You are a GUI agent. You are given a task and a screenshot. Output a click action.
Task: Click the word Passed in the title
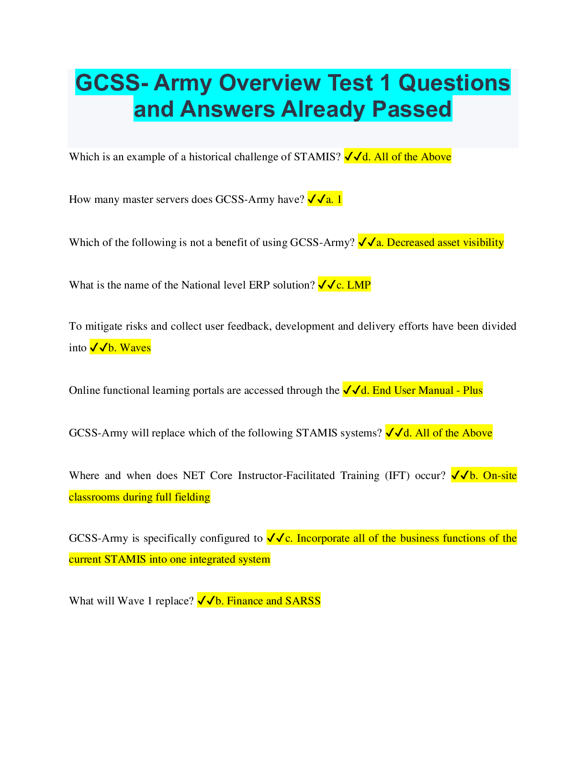coord(411,109)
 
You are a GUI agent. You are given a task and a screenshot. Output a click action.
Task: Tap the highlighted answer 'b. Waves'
coord(129,347)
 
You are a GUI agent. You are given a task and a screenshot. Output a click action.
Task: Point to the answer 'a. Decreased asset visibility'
coord(440,242)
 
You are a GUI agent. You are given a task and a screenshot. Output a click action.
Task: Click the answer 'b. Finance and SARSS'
coord(268,601)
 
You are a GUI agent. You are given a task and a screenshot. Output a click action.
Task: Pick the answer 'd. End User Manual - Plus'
coord(422,390)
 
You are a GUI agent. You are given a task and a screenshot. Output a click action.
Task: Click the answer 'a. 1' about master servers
coord(334,199)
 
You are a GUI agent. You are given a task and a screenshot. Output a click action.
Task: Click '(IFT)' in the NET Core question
coord(397,476)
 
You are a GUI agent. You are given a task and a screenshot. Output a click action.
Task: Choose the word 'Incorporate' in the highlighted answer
coord(323,538)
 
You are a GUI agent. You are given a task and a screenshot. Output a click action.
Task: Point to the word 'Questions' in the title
coord(454,83)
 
